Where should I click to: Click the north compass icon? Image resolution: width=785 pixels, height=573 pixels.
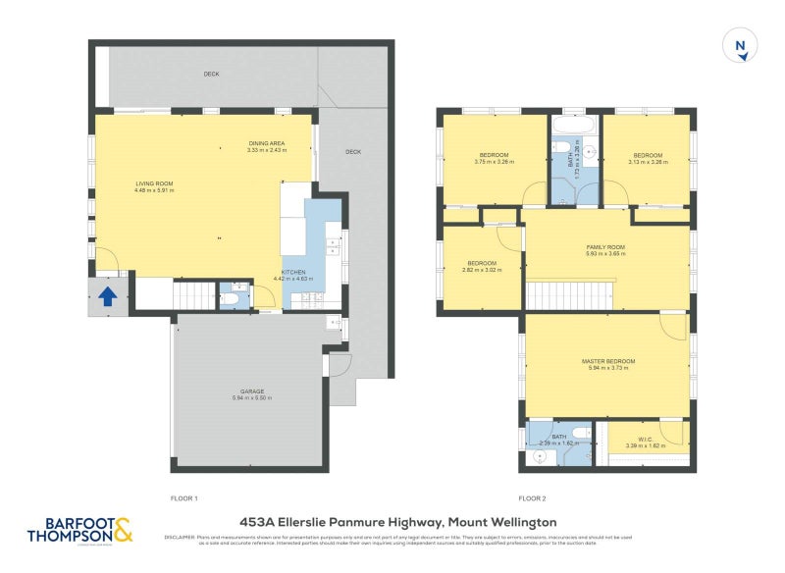coord(741,45)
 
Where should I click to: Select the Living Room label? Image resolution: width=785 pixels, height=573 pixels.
coord(154,186)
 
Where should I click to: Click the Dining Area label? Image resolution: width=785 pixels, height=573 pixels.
coord(267,147)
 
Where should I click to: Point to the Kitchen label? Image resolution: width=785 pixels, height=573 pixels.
coord(293,275)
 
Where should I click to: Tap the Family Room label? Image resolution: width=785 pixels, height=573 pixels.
coord(605,249)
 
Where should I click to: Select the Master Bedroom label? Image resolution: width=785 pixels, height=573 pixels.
coord(607,364)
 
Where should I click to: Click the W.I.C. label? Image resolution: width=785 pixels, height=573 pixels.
coord(644,441)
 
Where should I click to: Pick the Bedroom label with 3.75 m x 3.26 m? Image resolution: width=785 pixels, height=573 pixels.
coord(493,159)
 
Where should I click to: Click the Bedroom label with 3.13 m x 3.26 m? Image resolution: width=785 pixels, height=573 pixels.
coord(648,158)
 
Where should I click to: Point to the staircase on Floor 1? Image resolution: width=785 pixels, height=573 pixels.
coord(193,292)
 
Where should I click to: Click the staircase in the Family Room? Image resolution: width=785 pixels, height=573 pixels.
coord(570,293)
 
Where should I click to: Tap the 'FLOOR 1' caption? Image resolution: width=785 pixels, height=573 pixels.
coord(184,498)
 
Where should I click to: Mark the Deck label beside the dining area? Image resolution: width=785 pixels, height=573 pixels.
coord(353,152)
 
